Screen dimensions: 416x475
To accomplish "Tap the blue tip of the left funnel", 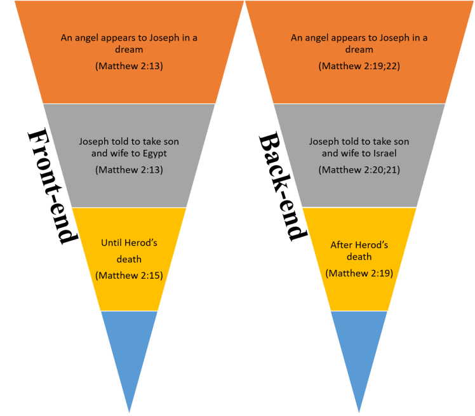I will click(x=130, y=352).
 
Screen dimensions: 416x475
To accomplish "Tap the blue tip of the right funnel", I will click(x=359, y=352).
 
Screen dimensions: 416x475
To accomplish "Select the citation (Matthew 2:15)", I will click(x=130, y=275).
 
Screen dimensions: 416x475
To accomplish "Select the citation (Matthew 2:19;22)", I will click(x=359, y=66).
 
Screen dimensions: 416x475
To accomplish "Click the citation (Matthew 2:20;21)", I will click(x=359, y=170).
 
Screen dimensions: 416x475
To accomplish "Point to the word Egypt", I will click(x=164, y=153).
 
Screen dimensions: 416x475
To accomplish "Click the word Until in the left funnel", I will click(x=112, y=243).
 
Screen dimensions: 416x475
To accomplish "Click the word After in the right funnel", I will click(x=342, y=245).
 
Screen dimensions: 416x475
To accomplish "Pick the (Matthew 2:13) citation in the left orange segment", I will click(x=130, y=66).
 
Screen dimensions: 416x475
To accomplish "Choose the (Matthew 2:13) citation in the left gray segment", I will click(x=130, y=170).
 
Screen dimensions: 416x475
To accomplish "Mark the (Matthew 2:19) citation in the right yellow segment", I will click(x=359, y=273).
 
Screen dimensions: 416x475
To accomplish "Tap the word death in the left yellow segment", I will click(x=130, y=258).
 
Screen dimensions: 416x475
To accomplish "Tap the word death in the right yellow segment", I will click(x=359, y=257).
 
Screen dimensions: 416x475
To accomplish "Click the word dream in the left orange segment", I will click(x=130, y=49).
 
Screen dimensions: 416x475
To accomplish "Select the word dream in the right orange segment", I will click(x=359, y=49).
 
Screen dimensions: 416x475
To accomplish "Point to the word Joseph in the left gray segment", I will click(x=94, y=141).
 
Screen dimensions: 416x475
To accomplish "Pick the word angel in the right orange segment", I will click(x=316, y=38).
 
